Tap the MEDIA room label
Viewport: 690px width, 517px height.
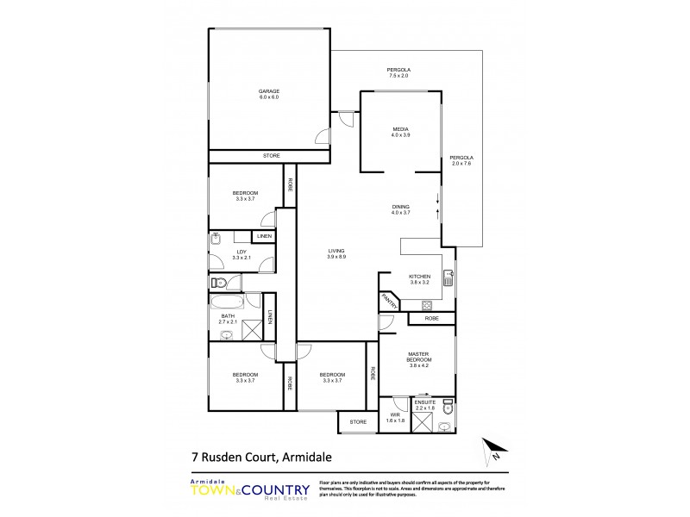point(400,131)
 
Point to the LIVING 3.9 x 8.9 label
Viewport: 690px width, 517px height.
point(336,253)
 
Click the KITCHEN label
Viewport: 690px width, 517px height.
point(419,279)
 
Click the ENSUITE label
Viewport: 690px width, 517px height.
point(423,403)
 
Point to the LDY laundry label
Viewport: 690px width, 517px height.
point(242,254)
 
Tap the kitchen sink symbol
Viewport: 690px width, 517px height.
point(448,277)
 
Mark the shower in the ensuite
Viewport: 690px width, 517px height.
point(423,422)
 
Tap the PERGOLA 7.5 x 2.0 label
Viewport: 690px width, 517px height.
point(398,72)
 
